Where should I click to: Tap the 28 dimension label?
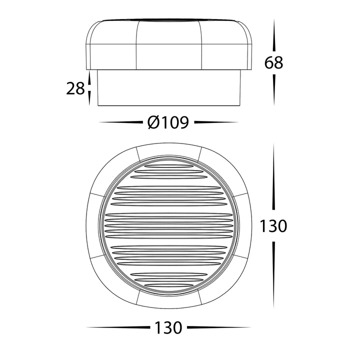pos(75,89)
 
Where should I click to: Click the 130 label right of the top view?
pos(273,226)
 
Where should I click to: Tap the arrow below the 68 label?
pos(274,90)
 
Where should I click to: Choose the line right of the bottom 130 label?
pos(218,328)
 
